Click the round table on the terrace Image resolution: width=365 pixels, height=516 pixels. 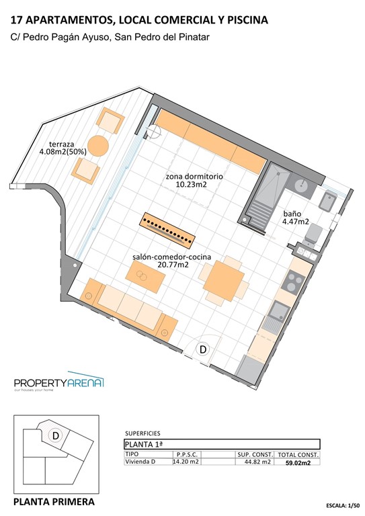(x=99, y=145)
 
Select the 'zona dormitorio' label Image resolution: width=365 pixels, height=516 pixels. (x=194, y=177)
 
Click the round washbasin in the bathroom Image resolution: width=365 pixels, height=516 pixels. (x=303, y=186)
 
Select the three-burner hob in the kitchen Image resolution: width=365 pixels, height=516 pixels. (x=292, y=282)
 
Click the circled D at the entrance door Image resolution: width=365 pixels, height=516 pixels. (x=202, y=349)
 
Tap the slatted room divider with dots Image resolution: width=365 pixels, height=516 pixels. (x=168, y=230)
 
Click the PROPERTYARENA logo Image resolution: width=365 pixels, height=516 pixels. (x=59, y=383)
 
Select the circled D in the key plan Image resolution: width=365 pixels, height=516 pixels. (x=56, y=435)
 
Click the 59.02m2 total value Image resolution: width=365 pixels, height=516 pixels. (x=297, y=463)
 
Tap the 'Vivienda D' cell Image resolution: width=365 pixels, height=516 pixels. (x=140, y=462)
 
